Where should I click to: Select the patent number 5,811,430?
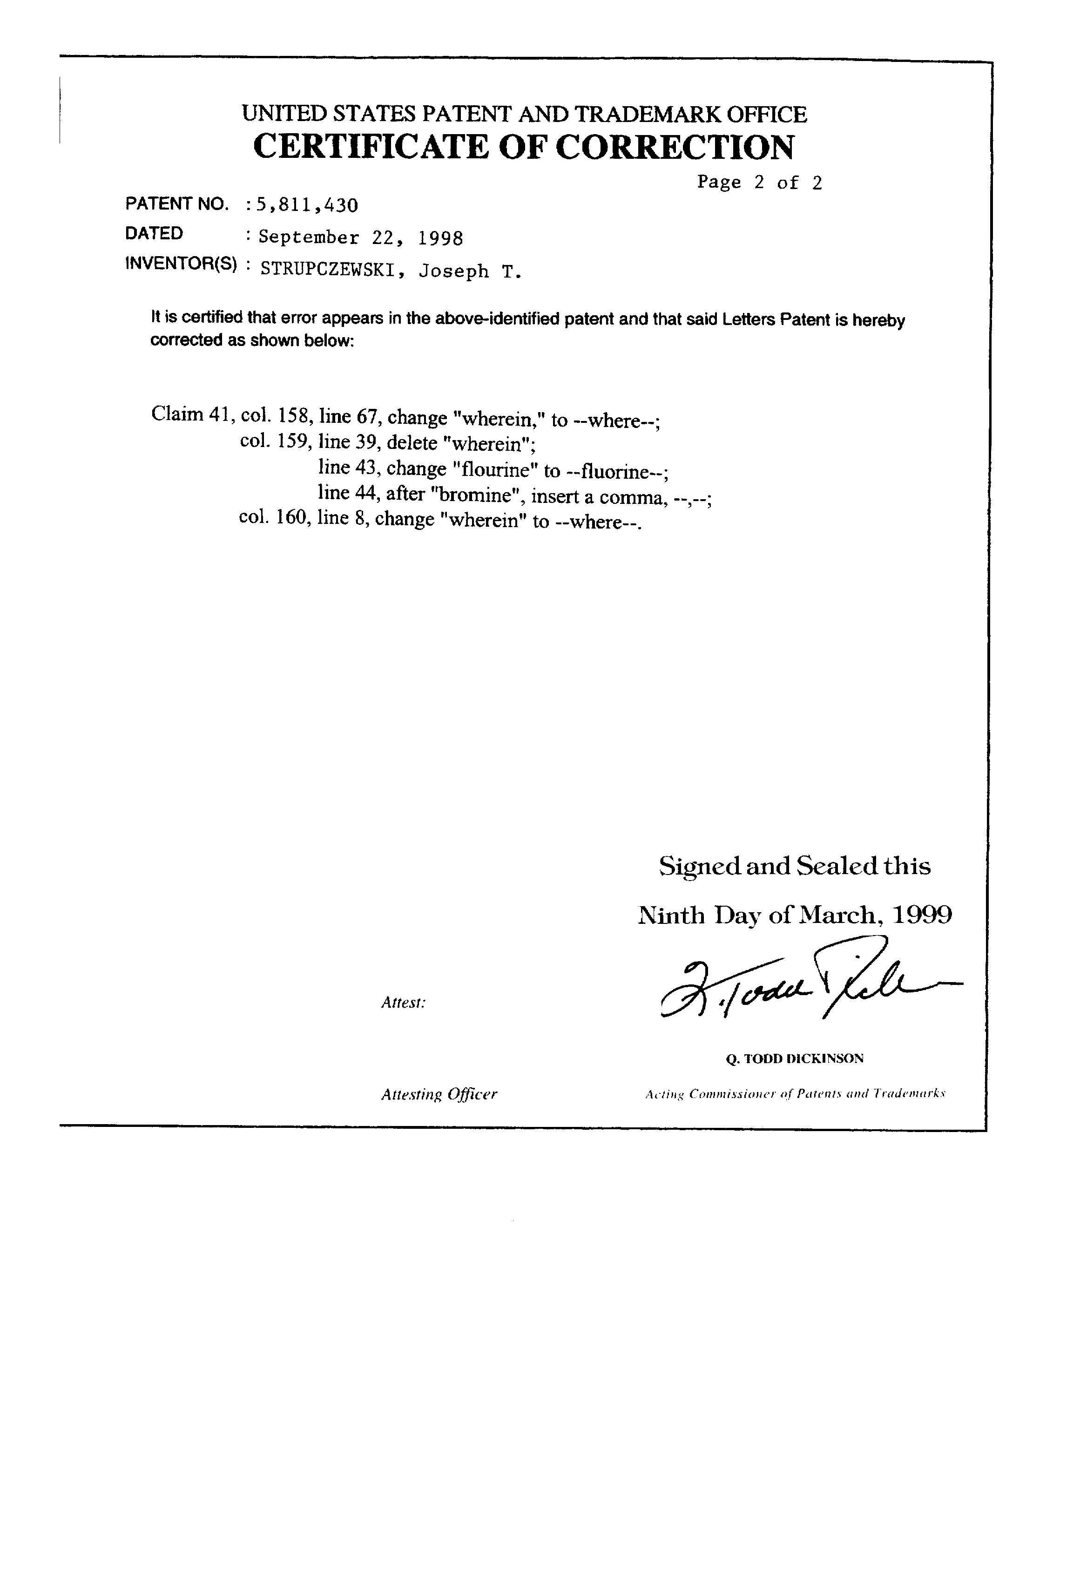(306, 204)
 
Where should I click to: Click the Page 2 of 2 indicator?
(759, 183)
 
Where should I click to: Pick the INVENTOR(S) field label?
(182, 265)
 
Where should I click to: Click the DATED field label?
(154, 234)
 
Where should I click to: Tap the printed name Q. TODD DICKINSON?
(795, 1059)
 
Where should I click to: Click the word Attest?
(404, 1003)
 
